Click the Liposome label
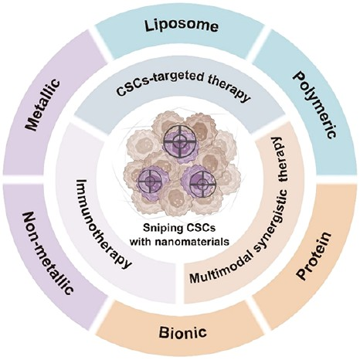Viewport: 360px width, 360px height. [x=182, y=26]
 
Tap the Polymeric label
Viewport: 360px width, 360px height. [x=314, y=105]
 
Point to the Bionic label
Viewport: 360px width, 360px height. [x=183, y=331]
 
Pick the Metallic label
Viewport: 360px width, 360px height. [x=43, y=105]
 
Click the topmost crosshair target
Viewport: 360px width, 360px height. [x=179, y=141]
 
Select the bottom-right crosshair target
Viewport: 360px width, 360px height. [x=202, y=184]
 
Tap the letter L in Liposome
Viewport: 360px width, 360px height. [x=150, y=25]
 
